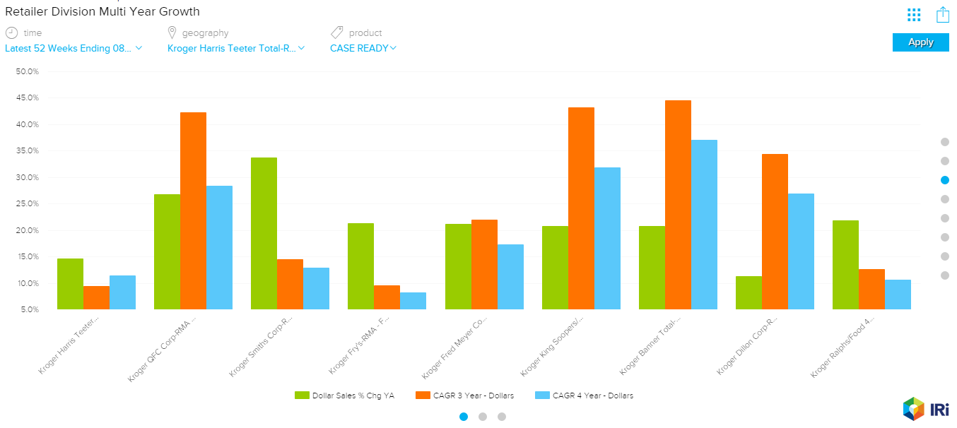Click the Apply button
click(920, 42)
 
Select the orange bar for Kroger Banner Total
click(678, 205)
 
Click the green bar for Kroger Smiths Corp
click(264, 233)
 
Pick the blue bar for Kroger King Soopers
click(607, 238)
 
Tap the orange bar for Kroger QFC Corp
click(193, 210)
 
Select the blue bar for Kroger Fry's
click(413, 301)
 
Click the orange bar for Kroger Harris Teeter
click(96, 297)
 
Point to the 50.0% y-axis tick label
click(27, 71)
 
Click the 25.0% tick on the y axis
click(27, 204)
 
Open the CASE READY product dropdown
click(363, 48)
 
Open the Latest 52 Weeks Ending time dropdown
click(74, 48)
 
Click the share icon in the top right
click(942, 15)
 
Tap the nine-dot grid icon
click(914, 15)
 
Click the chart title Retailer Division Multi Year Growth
click(102, 11)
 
